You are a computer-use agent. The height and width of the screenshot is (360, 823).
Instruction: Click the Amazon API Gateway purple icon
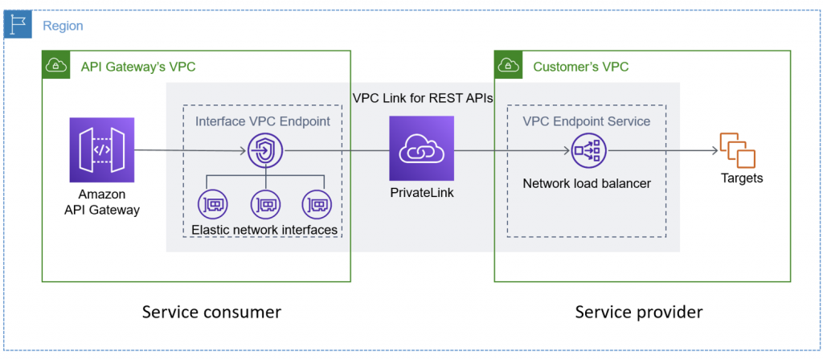click(x=101, y=149)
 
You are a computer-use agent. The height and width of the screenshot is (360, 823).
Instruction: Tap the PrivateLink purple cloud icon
click(x=421, y=149)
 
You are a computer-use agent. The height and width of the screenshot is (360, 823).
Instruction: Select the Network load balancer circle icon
click(x=588, y=149)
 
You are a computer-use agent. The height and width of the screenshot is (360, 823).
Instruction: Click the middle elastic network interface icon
click(x=265, y=204)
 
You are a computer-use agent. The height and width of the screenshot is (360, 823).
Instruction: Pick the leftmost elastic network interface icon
click(x=212, y=204)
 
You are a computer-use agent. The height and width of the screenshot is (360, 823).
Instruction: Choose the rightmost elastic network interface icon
click(x=317, y=204)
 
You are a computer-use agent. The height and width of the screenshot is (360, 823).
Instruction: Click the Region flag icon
click(x=17, y=25)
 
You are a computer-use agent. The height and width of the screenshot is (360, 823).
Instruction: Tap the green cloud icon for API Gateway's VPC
click(x=56, y=65)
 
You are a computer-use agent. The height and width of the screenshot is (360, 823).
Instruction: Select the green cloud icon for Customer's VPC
click(x=508, y=65)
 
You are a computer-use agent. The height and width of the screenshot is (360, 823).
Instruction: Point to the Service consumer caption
click(x=211, y=312)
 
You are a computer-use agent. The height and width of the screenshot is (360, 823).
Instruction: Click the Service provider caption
click(x=639, y=312)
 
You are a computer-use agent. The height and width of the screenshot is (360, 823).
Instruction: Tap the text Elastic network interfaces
click(x=264, y=231)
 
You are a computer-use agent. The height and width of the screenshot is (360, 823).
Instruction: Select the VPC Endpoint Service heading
click(x=587, y=121)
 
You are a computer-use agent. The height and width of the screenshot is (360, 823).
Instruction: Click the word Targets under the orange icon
click(x=741, y=178)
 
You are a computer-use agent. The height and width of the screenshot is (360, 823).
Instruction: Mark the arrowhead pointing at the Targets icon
click(x=714, y=150)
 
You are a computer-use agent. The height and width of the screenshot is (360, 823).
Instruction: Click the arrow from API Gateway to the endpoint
click(x=189, y=150)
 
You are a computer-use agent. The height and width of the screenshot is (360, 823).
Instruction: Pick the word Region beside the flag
click(x=63, y=26)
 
